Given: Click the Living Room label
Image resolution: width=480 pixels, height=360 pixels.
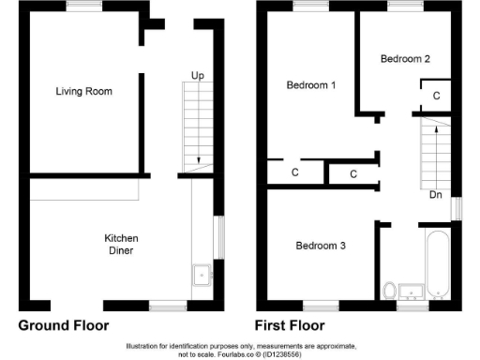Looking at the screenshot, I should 83,91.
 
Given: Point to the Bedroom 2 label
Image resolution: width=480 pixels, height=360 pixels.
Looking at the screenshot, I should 405,58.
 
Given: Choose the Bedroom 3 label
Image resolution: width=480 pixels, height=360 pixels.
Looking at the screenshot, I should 321,246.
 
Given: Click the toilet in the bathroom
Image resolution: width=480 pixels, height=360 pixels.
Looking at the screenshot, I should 389,288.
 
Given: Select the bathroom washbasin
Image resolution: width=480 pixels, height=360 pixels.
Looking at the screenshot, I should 410,289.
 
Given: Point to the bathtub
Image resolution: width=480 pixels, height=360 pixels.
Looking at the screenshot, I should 438,263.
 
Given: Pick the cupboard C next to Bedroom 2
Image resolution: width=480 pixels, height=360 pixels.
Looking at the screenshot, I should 436,96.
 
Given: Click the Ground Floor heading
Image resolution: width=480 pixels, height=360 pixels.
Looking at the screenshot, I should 64,326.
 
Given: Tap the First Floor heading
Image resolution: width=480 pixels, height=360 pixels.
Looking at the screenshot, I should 290,326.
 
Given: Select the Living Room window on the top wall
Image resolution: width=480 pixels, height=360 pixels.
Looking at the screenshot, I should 84,6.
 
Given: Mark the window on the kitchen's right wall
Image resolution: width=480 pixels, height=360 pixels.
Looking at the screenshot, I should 220,239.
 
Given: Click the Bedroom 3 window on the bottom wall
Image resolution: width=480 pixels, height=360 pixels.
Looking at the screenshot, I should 320,305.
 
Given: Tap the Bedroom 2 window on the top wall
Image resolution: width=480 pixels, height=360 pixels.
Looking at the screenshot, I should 405,6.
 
